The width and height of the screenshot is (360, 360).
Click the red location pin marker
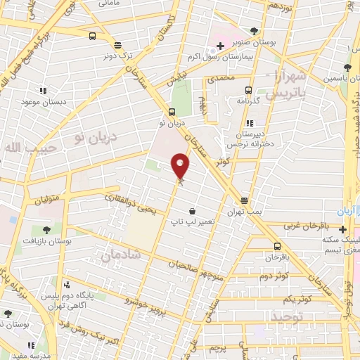click(181, 165)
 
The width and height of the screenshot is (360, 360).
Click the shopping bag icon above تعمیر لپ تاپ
click(192, 211)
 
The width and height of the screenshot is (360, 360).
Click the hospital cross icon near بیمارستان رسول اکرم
click(220, 46)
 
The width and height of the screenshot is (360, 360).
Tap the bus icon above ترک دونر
click(93, 37)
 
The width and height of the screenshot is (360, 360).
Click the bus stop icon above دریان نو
click(172, 112)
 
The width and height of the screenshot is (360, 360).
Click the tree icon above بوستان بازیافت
click(46, 229)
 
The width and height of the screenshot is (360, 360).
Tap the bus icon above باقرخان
click(277, 246)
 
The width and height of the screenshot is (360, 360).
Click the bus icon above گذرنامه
click(247, 90)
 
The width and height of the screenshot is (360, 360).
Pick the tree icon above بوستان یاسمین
click(347, 68)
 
